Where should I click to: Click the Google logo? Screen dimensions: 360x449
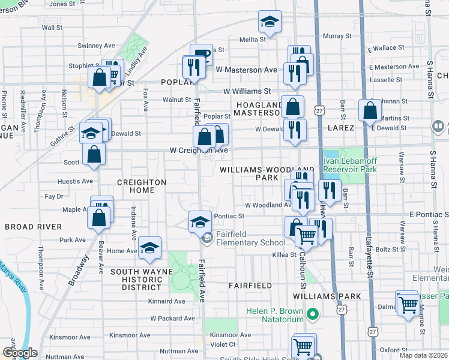point(20,353)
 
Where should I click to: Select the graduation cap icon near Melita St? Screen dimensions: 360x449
point(270,23)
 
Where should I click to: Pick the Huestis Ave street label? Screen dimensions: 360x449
point(75,181)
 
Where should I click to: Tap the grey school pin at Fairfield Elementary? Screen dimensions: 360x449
point(208,238)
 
